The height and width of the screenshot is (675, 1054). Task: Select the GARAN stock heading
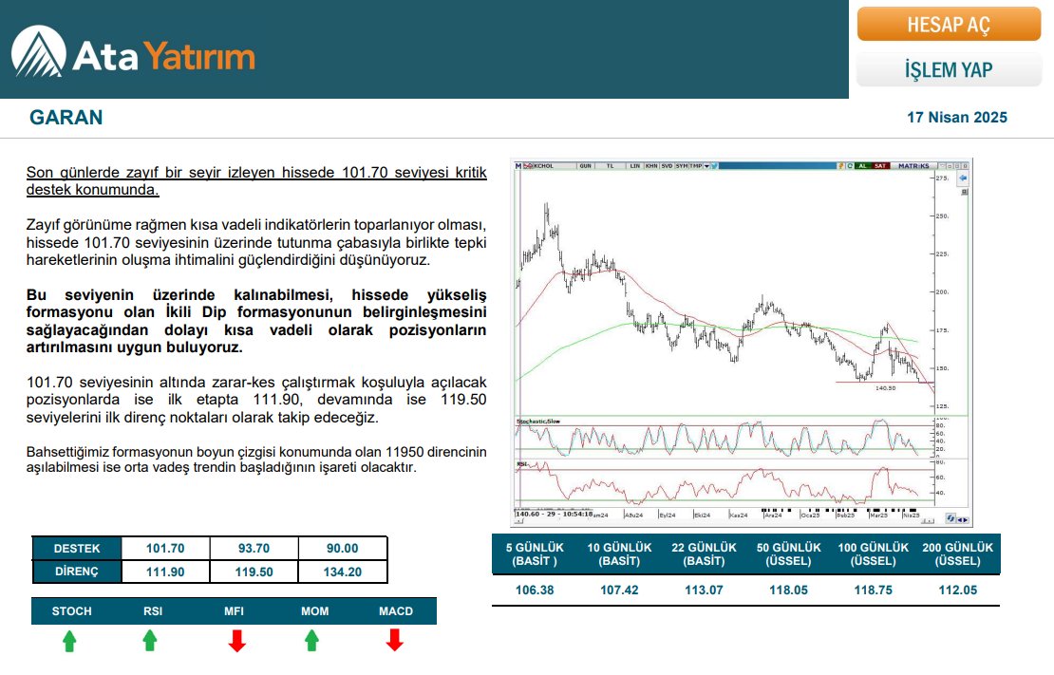[x=66, y=118]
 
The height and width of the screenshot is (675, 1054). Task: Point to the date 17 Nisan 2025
[x=956, y=118]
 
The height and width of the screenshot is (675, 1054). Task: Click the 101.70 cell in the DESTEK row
[x=165, y=549]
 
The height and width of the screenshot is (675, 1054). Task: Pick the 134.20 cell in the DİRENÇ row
[x=342, y=572]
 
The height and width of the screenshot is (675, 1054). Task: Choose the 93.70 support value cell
[x=254, y=549]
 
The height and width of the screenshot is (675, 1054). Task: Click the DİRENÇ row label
[x=76, y=572]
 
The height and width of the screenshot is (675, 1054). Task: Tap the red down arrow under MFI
[x=237, y=641]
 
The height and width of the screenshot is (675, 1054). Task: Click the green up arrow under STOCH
[x=69, y=641]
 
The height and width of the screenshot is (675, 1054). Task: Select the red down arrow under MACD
[x=395, y=641]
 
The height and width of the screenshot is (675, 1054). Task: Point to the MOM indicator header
[x=314, y=610]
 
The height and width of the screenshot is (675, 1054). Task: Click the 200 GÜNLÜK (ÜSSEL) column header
[x=957, y=554]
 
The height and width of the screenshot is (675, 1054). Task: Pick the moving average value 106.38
[x=534, y=590]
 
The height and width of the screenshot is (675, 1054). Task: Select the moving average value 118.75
[x=872, y=590]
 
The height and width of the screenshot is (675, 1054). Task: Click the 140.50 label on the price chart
[x=884, y=387]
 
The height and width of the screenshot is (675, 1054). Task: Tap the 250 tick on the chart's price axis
[x=943, y=216]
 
